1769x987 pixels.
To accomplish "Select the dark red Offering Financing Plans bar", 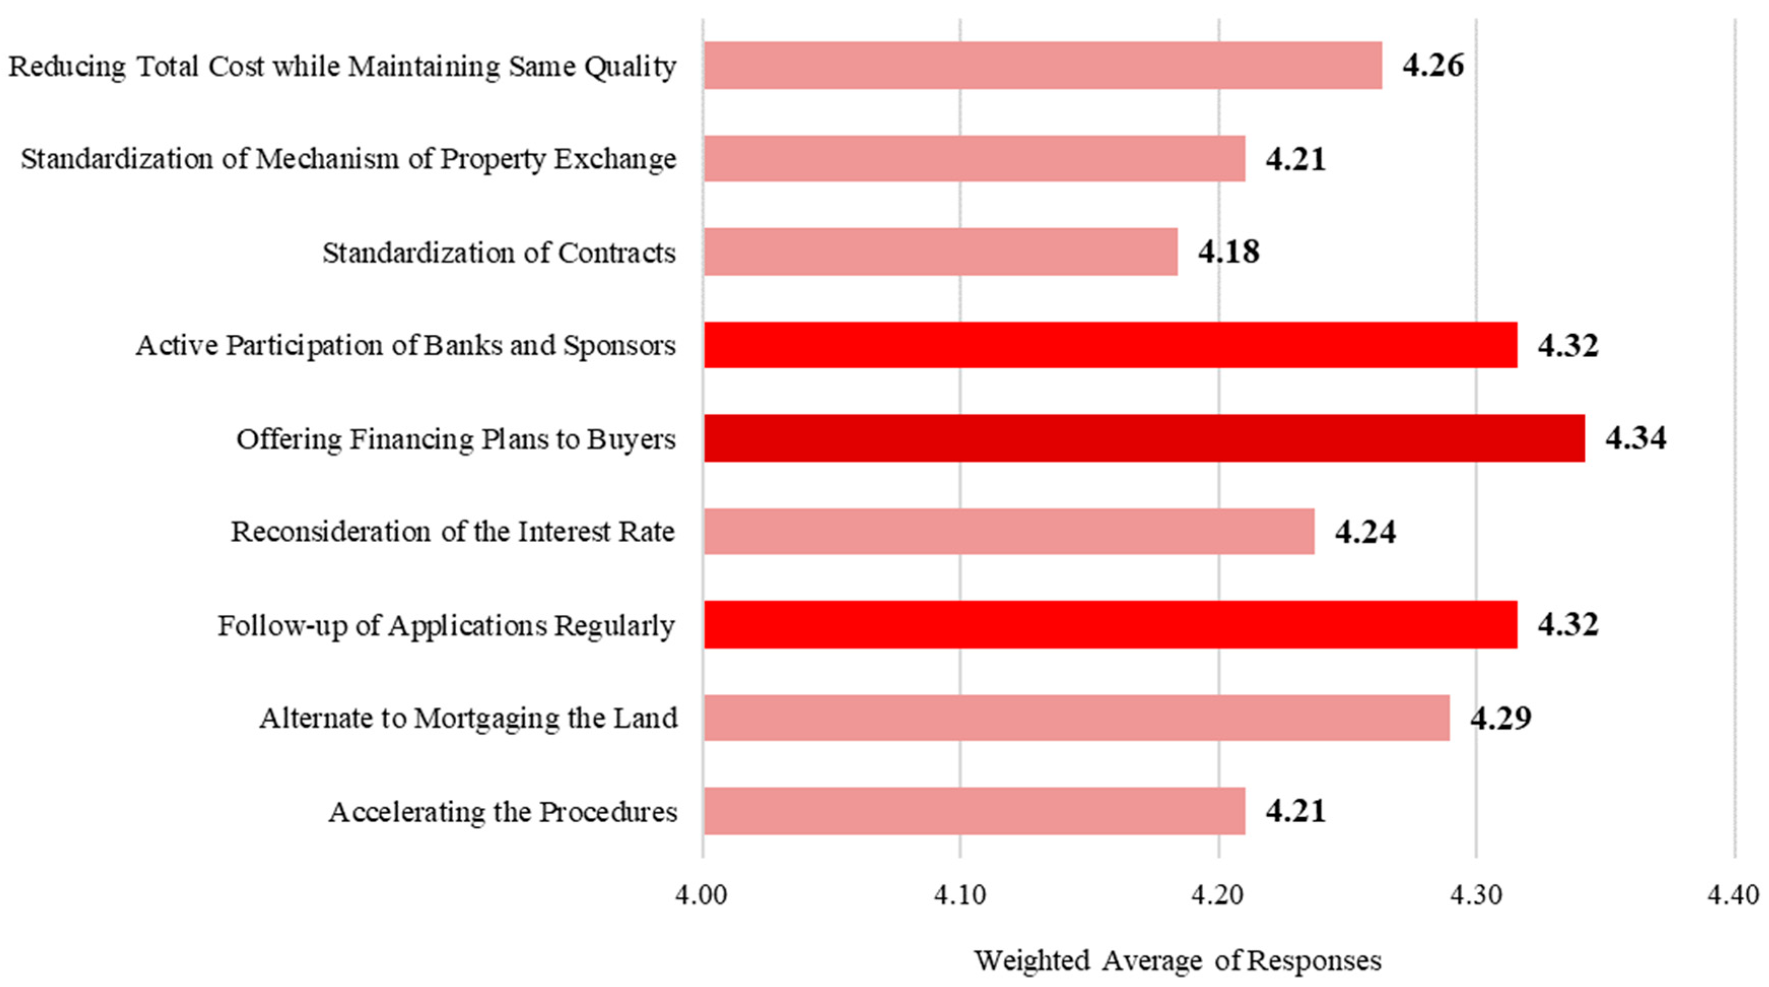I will [1143, 438].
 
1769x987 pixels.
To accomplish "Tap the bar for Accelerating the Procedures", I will [974, 810].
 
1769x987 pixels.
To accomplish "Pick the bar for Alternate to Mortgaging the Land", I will [1076, 717].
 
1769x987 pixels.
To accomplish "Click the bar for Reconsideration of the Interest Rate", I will [1008, 531].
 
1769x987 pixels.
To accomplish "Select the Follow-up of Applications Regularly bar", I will [1110, 624].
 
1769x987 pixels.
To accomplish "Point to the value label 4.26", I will [1433, 65].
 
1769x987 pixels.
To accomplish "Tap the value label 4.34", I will [1635, 438].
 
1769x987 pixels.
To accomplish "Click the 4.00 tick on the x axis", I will [701, 895].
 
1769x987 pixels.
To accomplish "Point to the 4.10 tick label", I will [960, 895].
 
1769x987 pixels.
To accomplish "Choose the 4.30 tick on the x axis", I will [1476, 895].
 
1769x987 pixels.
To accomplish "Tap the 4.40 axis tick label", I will [1733, 895].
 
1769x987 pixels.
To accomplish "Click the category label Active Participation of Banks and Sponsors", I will [405, 345].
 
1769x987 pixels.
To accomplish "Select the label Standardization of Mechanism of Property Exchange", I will [348, 159].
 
